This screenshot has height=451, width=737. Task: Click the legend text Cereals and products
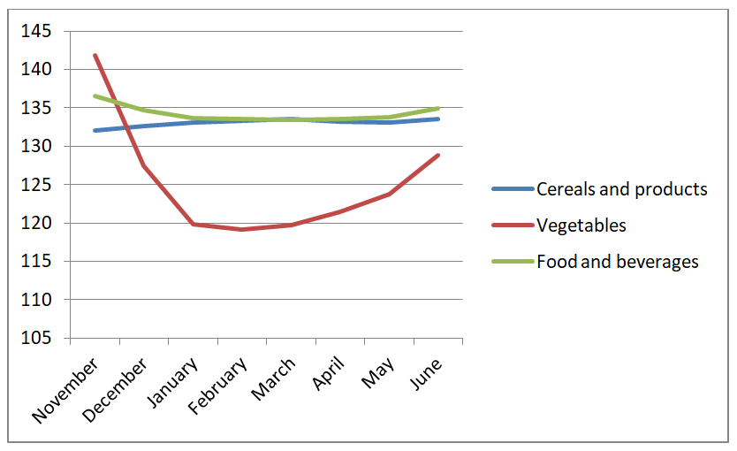[x=622, y=189]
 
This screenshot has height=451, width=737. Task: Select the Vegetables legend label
[x=581, y=225]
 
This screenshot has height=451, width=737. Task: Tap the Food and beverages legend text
[x=618, y=262]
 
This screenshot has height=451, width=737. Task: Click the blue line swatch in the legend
[x=513, y=189]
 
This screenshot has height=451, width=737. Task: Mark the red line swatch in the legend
[x=513, y=225]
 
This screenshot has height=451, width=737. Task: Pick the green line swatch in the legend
[x=513, y=262]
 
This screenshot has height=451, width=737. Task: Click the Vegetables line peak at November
[x=95, y=55]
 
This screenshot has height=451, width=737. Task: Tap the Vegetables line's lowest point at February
[x=241, y=230]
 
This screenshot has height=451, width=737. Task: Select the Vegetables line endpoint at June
[x=438, y=155]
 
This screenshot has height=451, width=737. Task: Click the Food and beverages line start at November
[x=95, y=96]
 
